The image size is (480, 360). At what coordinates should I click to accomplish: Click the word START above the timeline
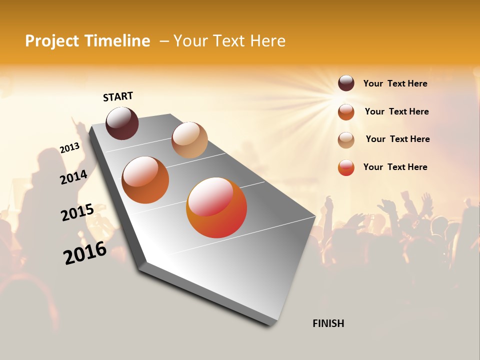tap(118, 96)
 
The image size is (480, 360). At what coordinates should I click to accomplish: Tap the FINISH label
tap(328, 323)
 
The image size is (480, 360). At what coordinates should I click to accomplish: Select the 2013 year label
tap(69, 148)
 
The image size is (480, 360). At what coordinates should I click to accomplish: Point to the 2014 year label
tap(73, 177)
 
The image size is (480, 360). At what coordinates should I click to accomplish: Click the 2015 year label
tap(77, 212)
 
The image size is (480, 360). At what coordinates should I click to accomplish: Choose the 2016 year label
tap(85, 253)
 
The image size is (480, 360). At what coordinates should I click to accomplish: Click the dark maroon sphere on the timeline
tap(122, 123)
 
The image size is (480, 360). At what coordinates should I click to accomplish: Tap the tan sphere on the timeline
tap(189, 140)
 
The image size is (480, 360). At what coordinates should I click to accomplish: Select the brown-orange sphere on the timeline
tap(145, 180)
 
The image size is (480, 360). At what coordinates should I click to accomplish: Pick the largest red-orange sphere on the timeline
tap(216, 207)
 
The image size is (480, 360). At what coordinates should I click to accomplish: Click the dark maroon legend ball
tap(346, 83)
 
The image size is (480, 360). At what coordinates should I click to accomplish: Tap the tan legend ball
tap(346, 139)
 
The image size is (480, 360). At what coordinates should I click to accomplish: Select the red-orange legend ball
tap(346, 167)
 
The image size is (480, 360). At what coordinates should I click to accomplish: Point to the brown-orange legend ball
tap(346, 111)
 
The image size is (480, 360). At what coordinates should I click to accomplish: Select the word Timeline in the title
tap(120, 41)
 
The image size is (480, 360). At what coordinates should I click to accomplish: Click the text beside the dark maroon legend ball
tap(395, 83)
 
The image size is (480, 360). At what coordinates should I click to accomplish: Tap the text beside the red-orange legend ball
tap(395, 167)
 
